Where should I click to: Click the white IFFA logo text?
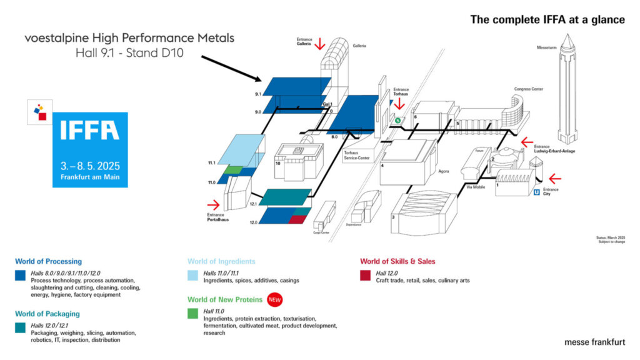(90, 131)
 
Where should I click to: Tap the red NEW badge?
(276, 300)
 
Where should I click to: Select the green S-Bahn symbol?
(397, 119)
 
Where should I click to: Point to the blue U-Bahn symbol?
(536, 192)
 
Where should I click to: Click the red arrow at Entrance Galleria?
(319, 43)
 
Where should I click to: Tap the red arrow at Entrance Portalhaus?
(214, 204)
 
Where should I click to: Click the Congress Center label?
(528, 89)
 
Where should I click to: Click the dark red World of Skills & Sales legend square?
(365, 275)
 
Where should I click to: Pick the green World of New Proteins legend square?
(192, 313)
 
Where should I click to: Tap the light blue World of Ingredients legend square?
(192, 275)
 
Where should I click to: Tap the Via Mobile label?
(477, 187)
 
